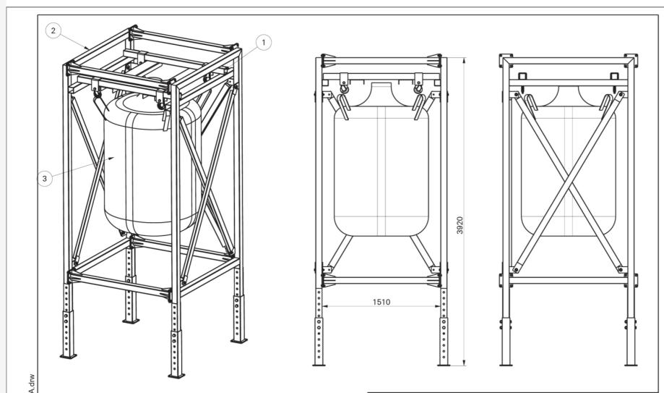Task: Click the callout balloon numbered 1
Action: (264, 43)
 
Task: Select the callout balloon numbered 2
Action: (51, 30)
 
